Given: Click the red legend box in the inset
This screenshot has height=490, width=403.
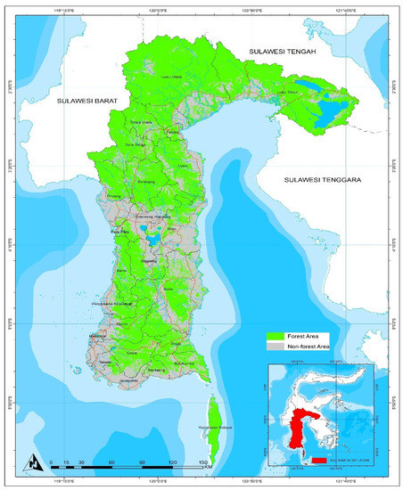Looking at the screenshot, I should click(x=318, y=461).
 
